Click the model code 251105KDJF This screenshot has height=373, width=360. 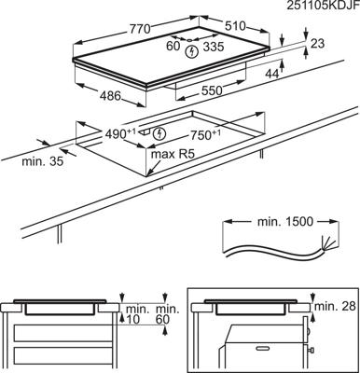pyautogui.click(x=317, y=7)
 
